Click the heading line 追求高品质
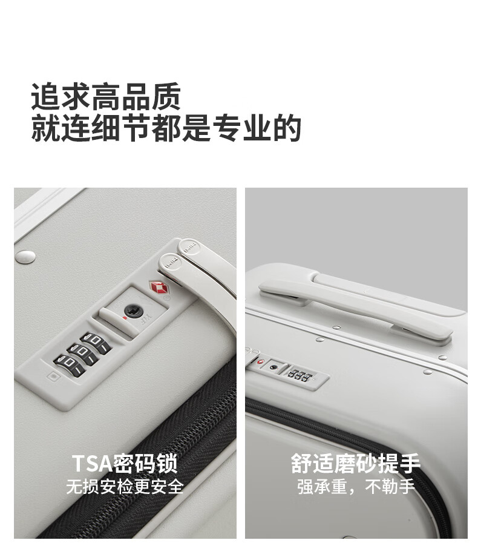(x=106, y=96)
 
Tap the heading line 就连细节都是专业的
(x=166, y=128)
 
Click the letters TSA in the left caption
(x=91, y=463)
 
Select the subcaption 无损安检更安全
(x=125, y=487)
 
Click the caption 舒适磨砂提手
(x=356, y=463)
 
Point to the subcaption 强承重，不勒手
(x=356, y=487)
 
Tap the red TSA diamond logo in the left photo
(x=158, y=287)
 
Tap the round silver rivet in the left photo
(x=25, y=256)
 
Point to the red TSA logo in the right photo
(x=260, y=361)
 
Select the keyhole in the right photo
(x=273, y=367)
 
